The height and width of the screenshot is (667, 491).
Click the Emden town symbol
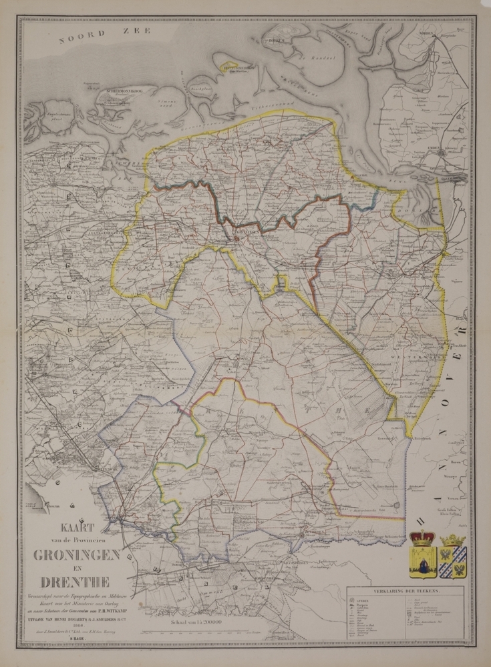442,153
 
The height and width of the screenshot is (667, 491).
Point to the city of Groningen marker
238,235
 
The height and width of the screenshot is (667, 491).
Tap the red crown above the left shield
422,538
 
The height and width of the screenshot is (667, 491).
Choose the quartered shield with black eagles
453,562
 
